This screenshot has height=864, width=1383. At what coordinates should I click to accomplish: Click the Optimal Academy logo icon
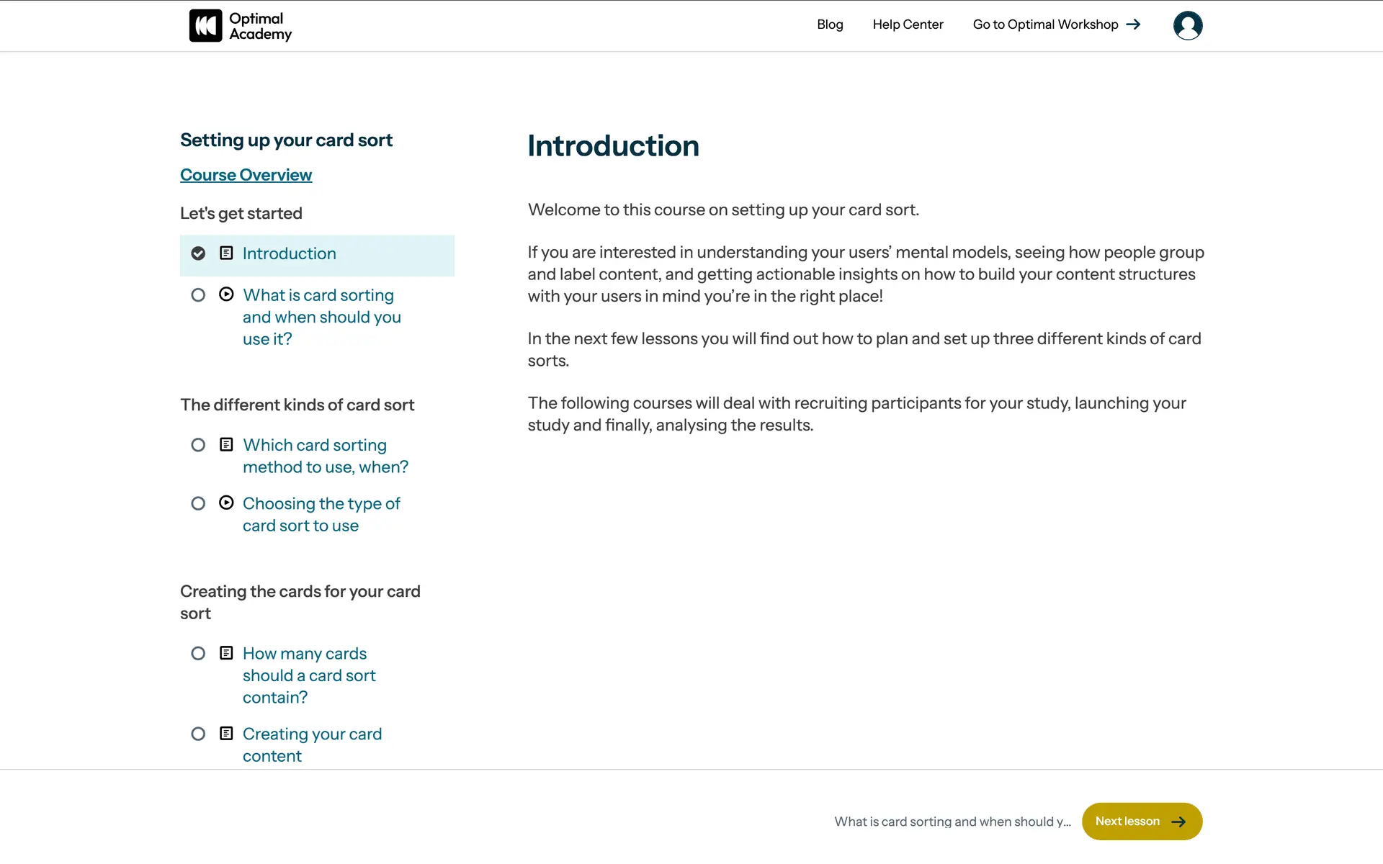coord(205,26)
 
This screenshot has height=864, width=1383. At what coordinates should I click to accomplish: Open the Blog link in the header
coord(830,24)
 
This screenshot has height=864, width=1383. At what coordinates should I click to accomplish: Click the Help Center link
coord(908,24)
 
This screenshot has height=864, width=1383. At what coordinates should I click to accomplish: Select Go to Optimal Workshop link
coord(1045,24)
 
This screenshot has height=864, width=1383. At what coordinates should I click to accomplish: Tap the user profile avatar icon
coord(1187,26)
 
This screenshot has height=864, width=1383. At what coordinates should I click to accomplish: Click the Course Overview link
coord(246,175)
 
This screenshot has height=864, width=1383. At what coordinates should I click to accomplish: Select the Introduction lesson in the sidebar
coord(289,253)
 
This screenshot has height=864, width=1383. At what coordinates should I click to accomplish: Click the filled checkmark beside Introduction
coord(198,253)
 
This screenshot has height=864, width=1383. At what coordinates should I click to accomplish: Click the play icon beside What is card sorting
coord(226,294)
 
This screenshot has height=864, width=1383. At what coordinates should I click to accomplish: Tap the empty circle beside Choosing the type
coord(198,503)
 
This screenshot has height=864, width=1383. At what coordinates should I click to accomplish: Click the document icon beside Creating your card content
coord(226,734)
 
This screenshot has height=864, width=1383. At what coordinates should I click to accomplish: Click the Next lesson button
coord(1141,822)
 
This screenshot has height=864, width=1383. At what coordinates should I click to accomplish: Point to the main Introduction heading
coord(613,146)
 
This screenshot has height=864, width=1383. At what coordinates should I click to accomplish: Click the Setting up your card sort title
coord(286,140)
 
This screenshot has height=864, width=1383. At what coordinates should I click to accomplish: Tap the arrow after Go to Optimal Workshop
coord(1134,24)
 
